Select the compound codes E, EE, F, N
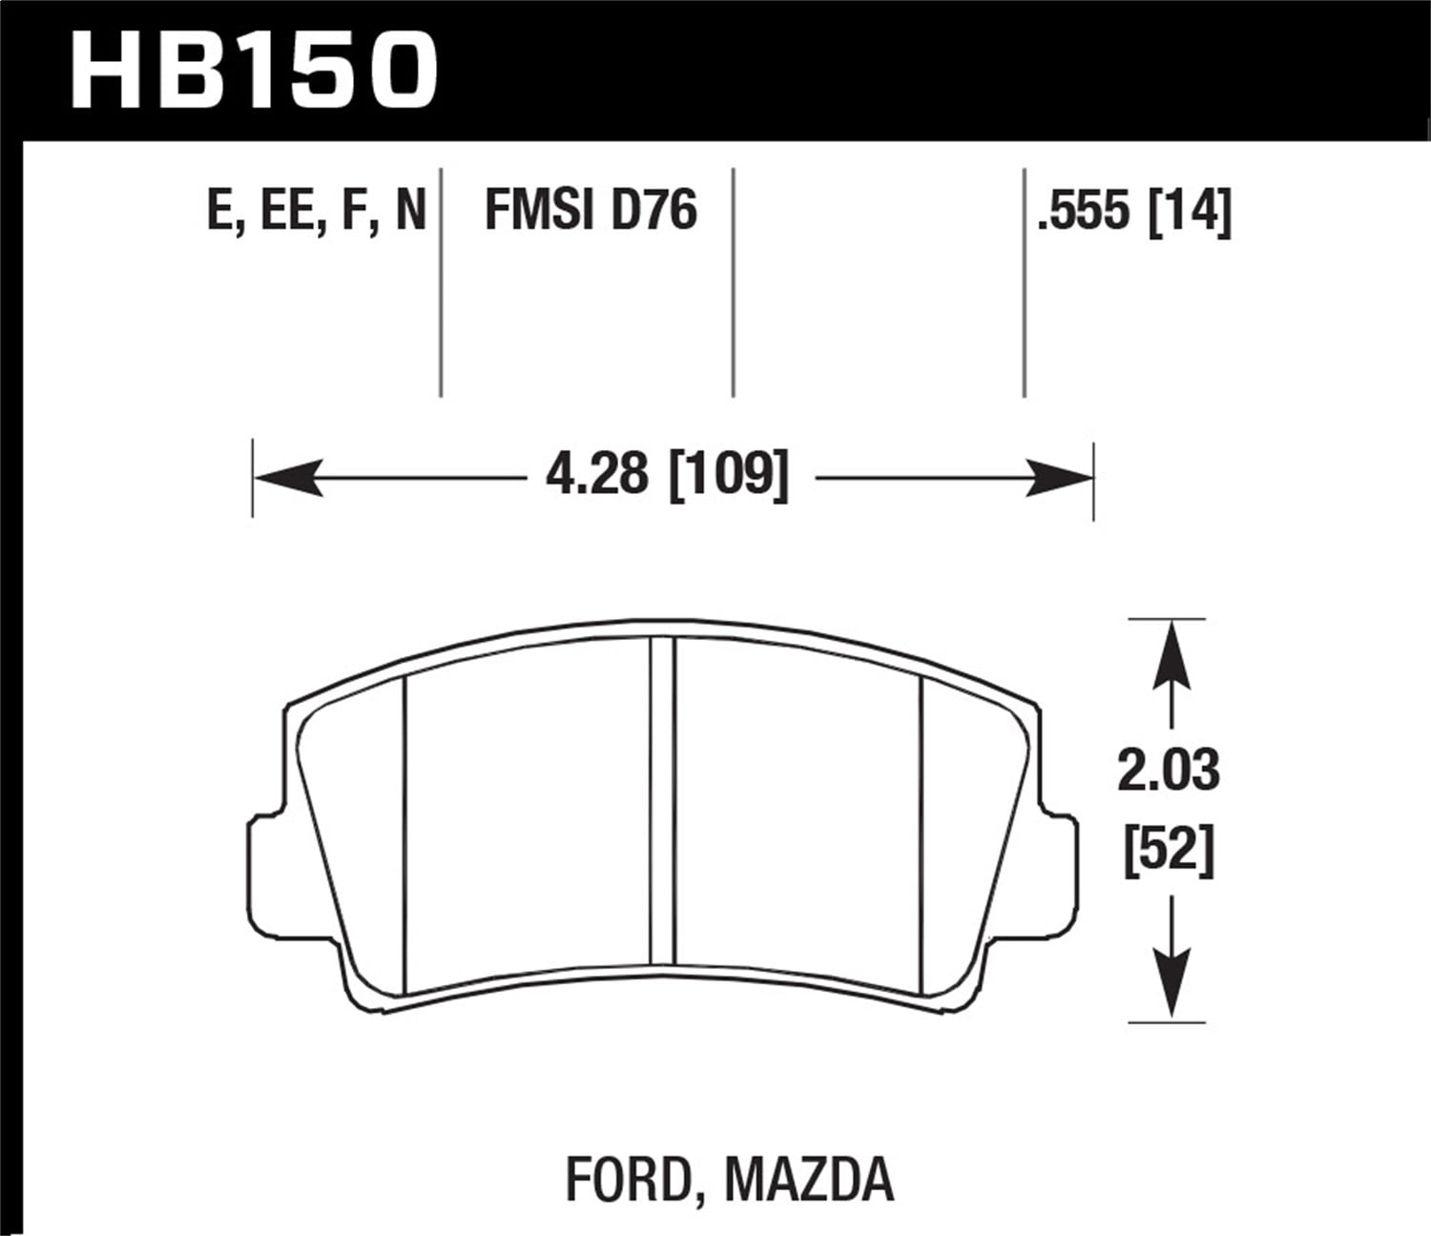(x=316, y=211)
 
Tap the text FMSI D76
(x=591, y=211)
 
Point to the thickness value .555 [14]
(x=1134, y=211)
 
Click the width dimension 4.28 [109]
(x=667, y=474)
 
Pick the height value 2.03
(x=1169, y=771)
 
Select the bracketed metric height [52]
(x=1169, y=848)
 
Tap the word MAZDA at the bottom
(x=810, y=1179)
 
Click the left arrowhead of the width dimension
(x=286, y=478)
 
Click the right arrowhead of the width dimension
(x=1059, y=478)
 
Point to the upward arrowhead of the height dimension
(x=1170, y=653)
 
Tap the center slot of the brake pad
(x=662, y=801)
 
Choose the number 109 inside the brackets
(x=730, y=474)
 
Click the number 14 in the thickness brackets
(x=1192, y=211)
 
